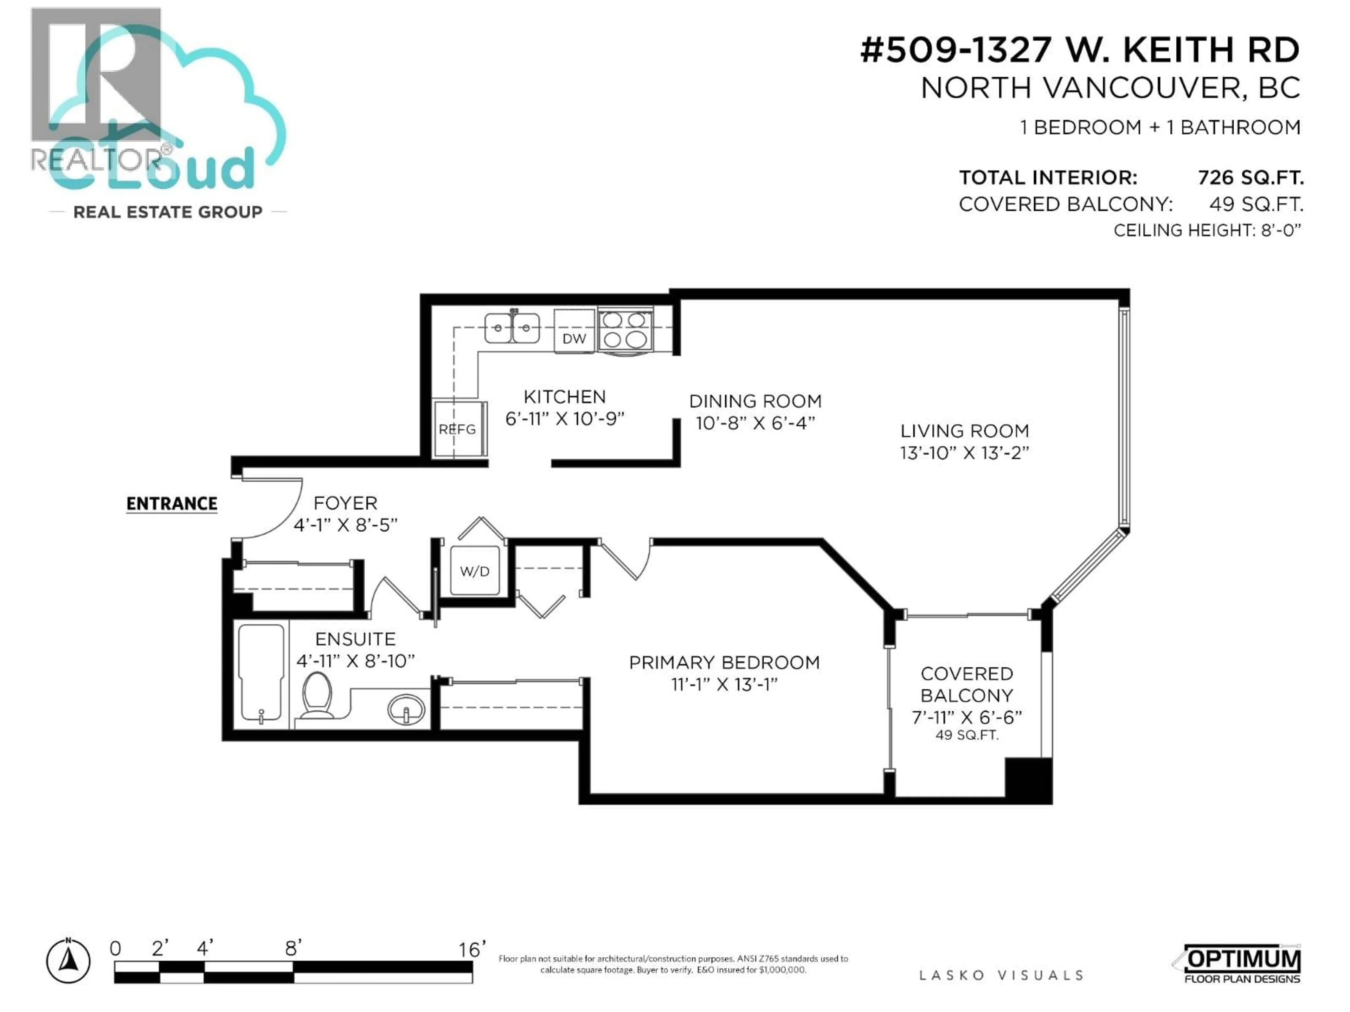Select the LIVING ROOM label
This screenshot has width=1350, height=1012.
(x=964, y=431)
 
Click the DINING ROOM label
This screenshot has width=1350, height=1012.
(x=755, y=401)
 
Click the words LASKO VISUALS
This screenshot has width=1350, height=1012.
(x=1001, y=975)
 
